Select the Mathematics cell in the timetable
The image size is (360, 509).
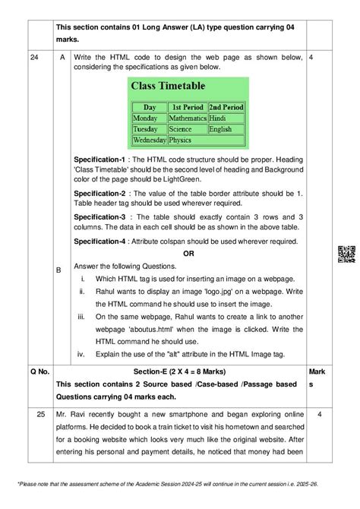pyautogui.click(x=187, y=119)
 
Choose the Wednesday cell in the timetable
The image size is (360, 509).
pyautogui.click(x=149, y=140)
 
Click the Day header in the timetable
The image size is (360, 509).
pyautogui.click(x=149, y=108)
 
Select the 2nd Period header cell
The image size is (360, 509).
pyautogui.click(x=226, y=108)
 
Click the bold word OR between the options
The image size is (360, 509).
pyautogui.click(x=188, y=253)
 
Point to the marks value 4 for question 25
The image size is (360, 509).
pyautogui.click(x=320, y=414)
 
